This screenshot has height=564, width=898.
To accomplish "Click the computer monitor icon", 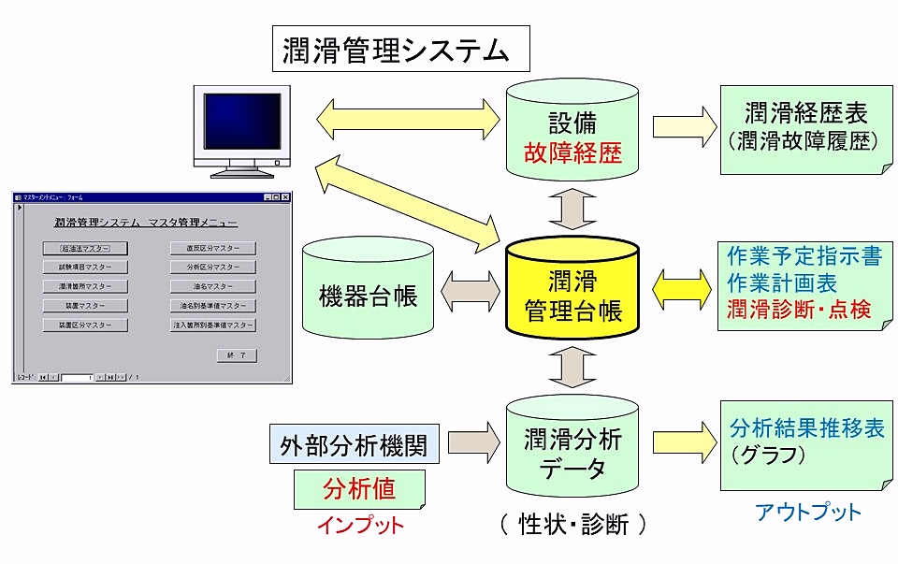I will click(x=241, y=131).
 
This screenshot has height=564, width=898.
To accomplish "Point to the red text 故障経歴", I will click(x=572, y=152).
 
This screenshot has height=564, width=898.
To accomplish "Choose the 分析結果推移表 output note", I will click(x=805, y=443).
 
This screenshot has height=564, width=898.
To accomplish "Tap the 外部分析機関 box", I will click(x=353, y=444).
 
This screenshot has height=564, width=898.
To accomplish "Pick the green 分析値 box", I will click(x=359, y=487).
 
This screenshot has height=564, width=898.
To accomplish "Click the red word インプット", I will click(x=360, y=525).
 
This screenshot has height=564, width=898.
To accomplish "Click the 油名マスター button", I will click(x=213, y=286).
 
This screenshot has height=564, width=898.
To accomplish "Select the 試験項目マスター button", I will click(x=85, y=268).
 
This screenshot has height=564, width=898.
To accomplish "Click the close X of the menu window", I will click(x=286, y=197).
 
